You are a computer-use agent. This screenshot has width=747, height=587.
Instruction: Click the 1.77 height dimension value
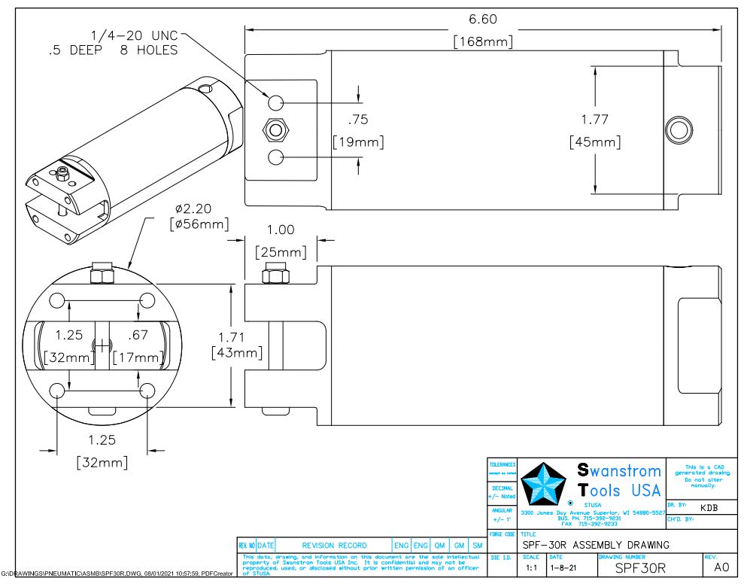[x=594, y=119]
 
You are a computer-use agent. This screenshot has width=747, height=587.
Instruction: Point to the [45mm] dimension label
[x=594, y=141]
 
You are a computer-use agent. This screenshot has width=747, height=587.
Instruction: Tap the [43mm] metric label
[x=236, y=352]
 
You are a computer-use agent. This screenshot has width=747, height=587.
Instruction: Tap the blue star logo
[x=545, y=482]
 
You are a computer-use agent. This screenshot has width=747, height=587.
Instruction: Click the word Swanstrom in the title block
[x=619, y=472]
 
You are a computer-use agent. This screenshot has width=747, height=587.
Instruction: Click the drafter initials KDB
[x=709, y=508]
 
